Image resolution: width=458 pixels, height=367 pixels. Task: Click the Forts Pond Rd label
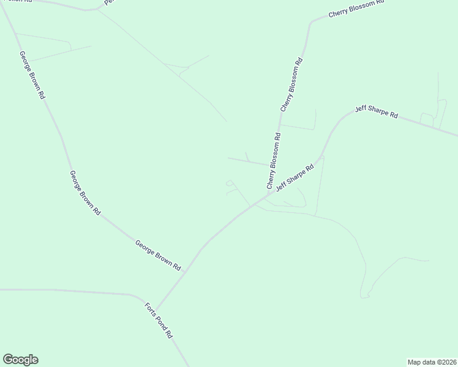click(159, 321)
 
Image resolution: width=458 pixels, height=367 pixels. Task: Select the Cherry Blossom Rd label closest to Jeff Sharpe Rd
click(273, 161)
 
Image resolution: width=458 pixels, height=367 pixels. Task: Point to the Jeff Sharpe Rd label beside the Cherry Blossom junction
click(295, 177)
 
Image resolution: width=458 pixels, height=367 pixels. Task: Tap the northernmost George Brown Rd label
click(32, 75)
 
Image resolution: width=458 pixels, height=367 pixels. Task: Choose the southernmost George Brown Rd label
click(158, 256)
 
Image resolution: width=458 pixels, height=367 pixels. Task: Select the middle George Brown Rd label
click(84, 193)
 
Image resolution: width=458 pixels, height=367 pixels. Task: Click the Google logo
click(20, 360)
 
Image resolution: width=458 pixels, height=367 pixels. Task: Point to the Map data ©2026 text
click(432, 361)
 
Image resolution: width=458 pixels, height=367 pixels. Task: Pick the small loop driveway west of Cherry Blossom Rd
click(229, 182)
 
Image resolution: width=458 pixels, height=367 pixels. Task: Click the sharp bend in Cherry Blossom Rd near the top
click(310, 24)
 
